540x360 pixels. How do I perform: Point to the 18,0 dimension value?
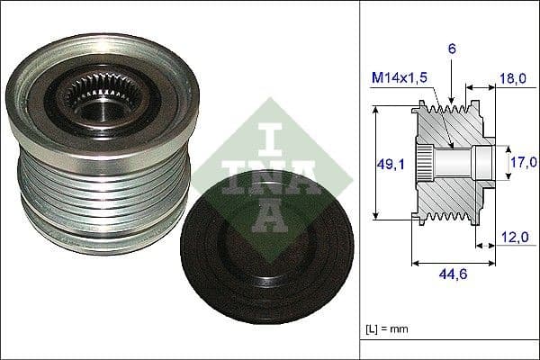pos(512,79)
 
